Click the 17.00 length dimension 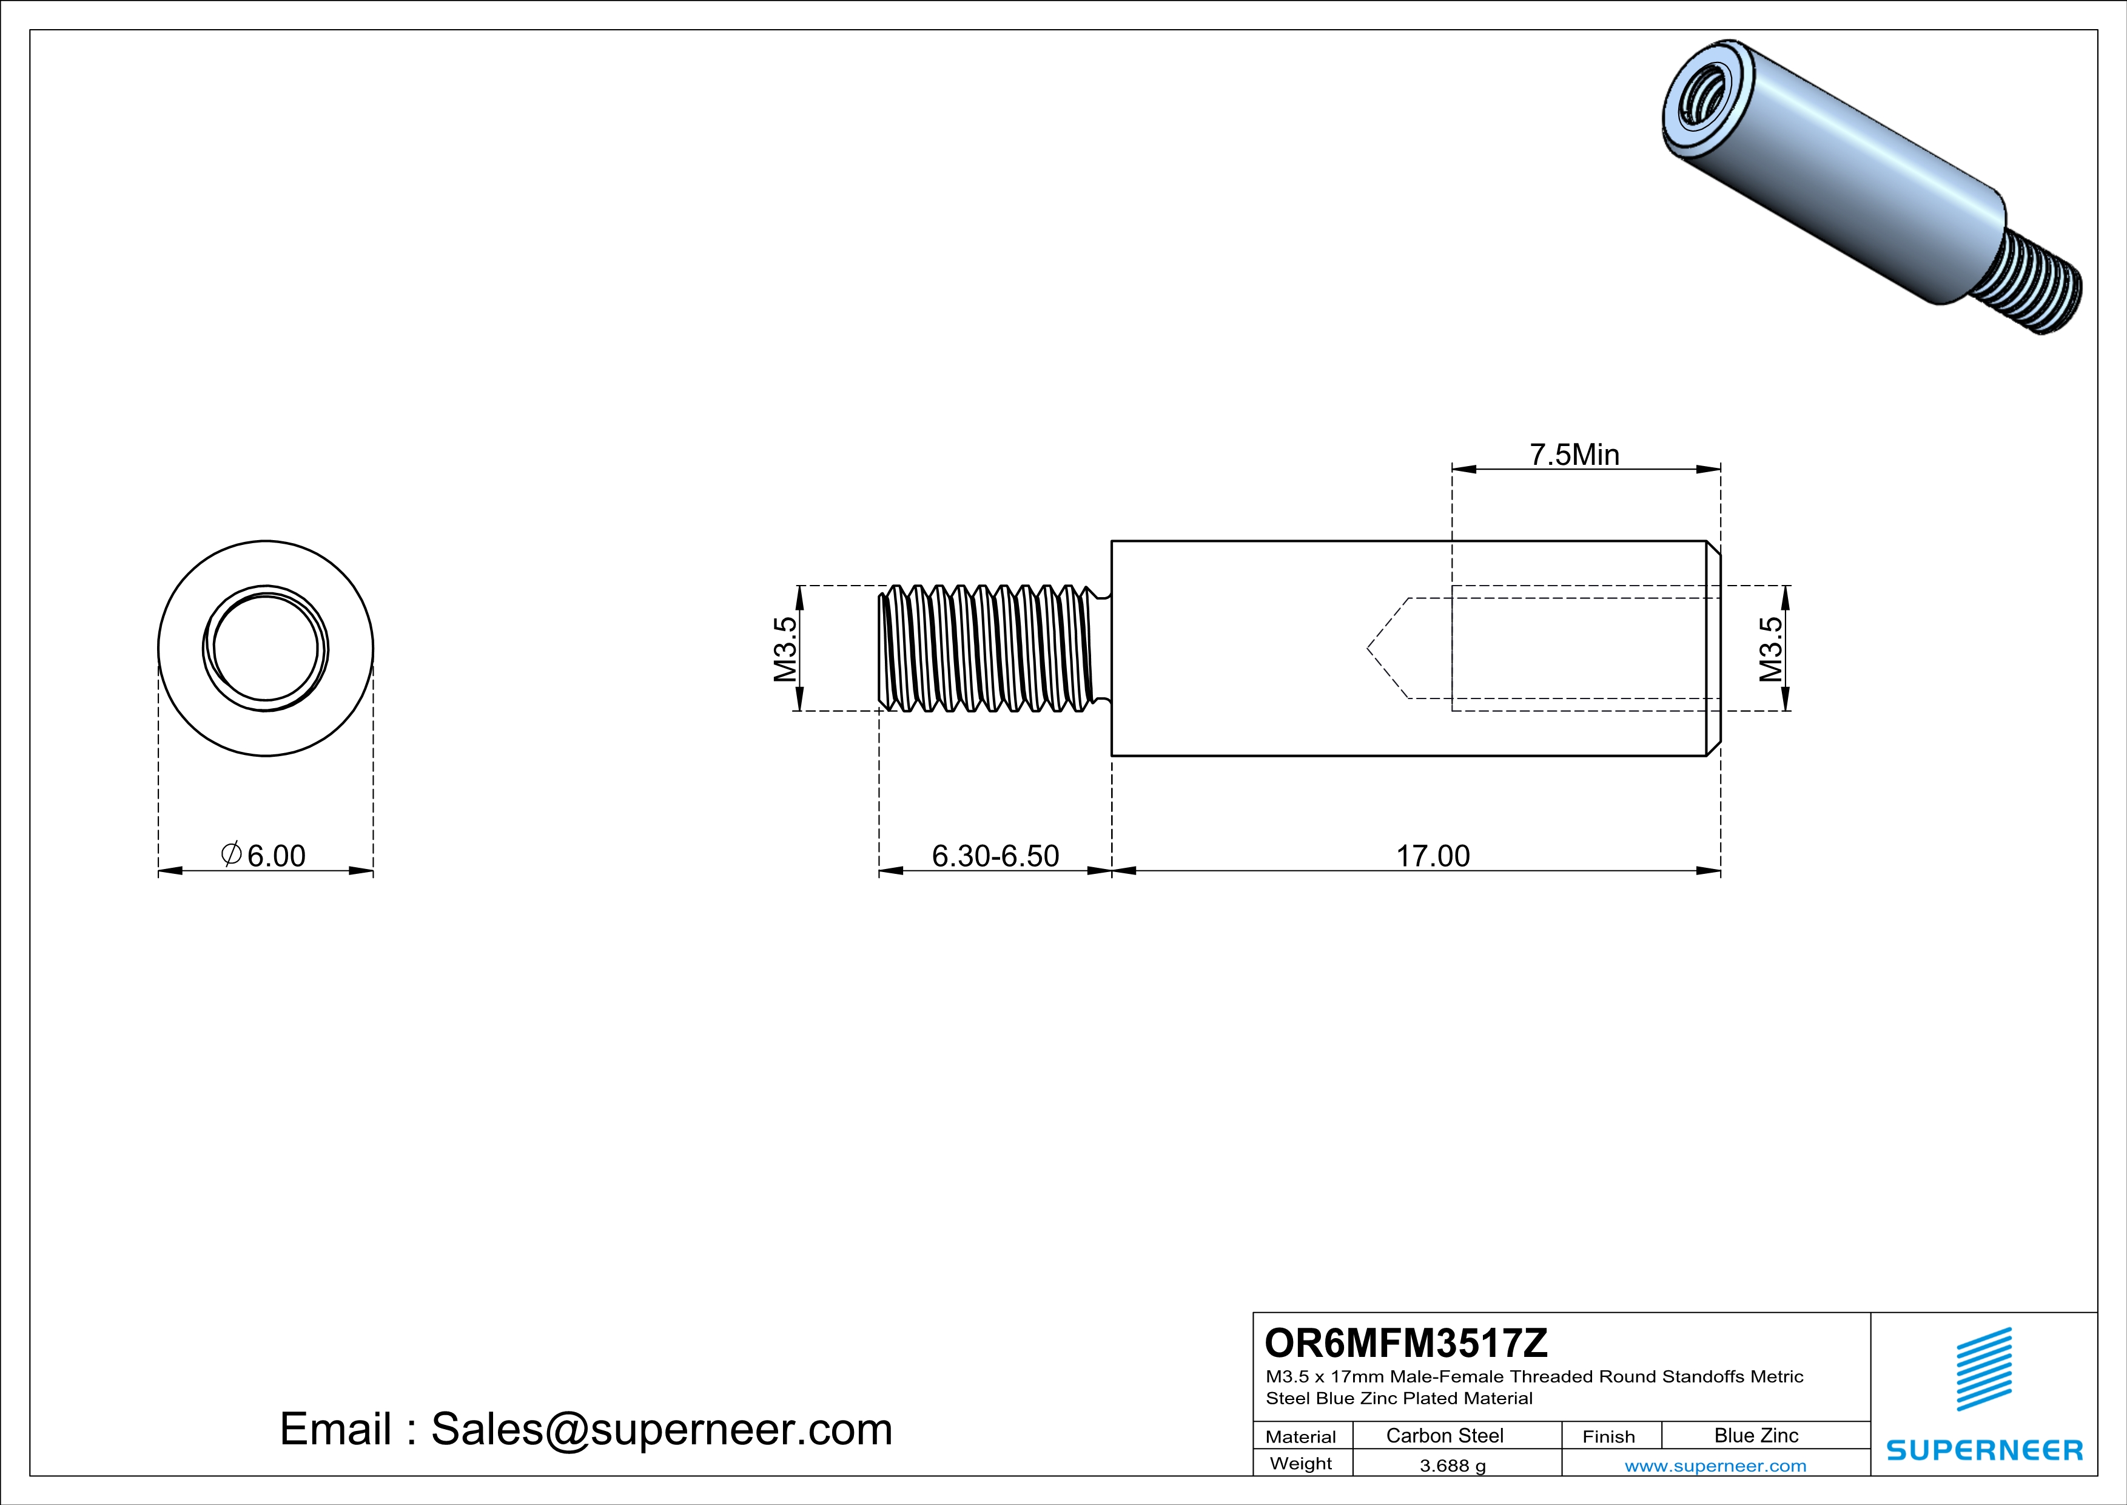(1432, 856)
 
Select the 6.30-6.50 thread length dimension (995, 856)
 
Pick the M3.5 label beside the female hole (1770, 649)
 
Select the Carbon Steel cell (1444, 1435)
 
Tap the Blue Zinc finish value (1755, 1435)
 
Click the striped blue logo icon (1983, 1370)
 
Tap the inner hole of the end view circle (266, 649)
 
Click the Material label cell (1301, 1436)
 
